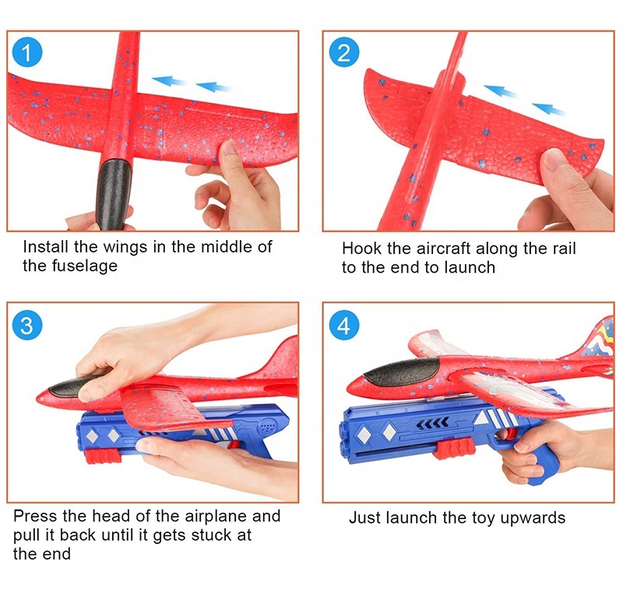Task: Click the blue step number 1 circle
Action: (x=26, y=52)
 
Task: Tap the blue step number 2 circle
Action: (x=343, y=52)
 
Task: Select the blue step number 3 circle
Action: (x=26, y=325)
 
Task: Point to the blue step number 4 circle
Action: (x=343, y=325)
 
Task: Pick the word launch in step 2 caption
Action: (x=470, y=267)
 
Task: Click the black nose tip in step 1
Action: (x=113, y=195)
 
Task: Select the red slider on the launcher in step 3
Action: (x=104, y=456)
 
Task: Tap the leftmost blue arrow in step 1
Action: (x=169, y=81)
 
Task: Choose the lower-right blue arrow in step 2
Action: (x=548, y=108)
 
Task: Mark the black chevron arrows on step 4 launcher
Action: (x=432, y=424)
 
